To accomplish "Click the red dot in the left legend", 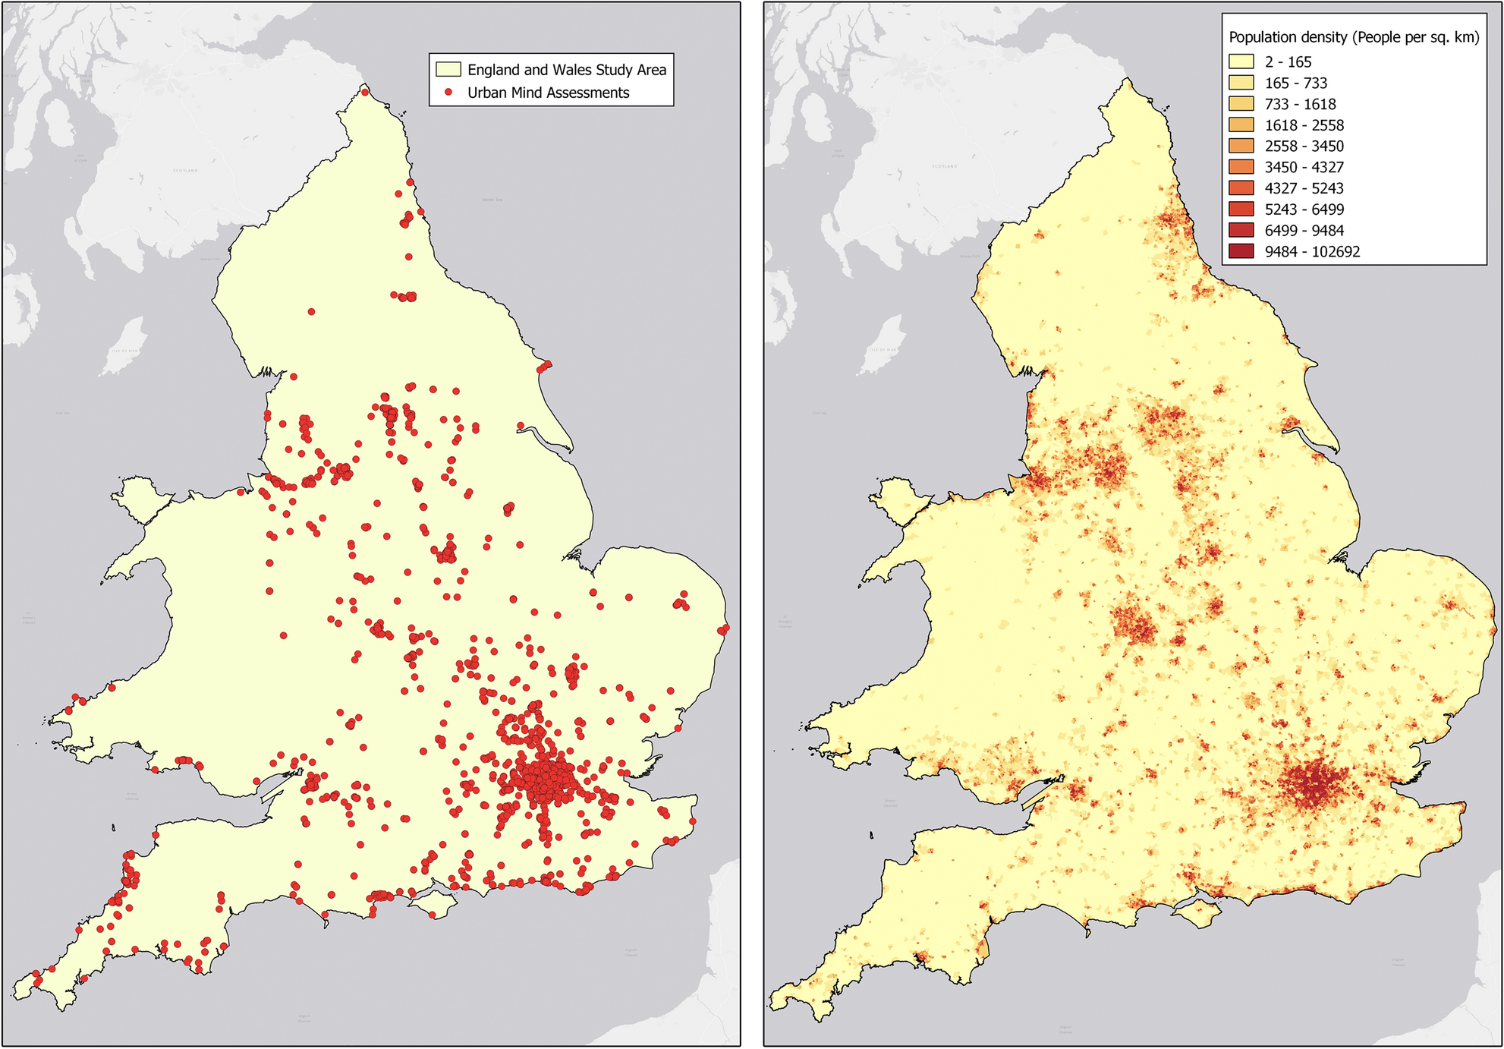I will click(x=448, y=92).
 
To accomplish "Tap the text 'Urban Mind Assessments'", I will click(x=548, y=93).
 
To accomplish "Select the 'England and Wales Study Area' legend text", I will click(x=566, y=70).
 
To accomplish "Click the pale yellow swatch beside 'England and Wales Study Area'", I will click(x=448, y=70).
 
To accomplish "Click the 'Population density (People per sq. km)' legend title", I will click(x=1354, y=37).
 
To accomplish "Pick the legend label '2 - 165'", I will click(x=1288, y=62).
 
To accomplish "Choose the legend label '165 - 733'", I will click(x=1295, y=83).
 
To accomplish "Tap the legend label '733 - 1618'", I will click(x=1300, y=104).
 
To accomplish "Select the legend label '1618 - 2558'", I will click(x=1304, y=125).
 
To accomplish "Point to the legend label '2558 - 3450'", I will click(x=1304, y=146).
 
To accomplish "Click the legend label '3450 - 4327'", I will click(x=1304, y=167).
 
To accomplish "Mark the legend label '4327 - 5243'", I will click(x=1304, y=188).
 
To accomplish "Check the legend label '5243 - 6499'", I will click(x=1304, y=209).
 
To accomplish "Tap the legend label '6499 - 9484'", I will click(x=1304, y=231).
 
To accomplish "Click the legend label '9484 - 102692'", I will click(x=1312, y=252).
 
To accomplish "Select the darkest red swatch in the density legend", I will click(x=1241, y=251).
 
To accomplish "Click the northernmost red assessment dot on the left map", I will click(x=365, y=93).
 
